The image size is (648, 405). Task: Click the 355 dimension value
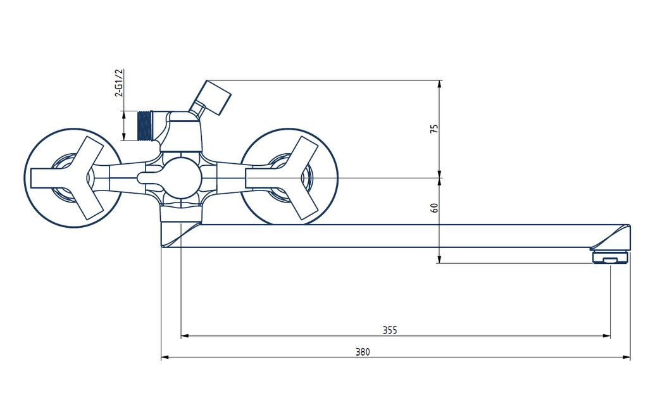click(389, 330)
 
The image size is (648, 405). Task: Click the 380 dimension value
click(363, 352)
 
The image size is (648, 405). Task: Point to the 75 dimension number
click(434, 128)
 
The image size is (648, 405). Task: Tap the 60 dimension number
click(434, 208)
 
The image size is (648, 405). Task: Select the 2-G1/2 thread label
click(119, 83)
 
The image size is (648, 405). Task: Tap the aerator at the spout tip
click(611, 257)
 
